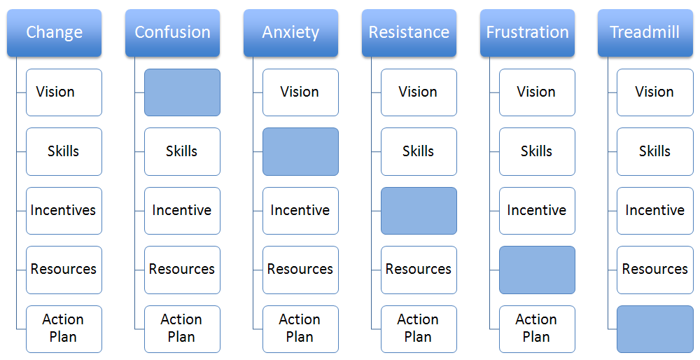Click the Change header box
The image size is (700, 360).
55,33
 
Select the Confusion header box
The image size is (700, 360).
173,33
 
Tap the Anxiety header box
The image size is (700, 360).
291,33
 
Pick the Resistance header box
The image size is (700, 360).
409,33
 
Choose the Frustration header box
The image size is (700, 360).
528,33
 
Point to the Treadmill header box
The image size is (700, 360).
645,33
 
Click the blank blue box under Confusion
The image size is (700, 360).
182,92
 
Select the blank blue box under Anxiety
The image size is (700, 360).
300,152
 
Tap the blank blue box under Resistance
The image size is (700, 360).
419,211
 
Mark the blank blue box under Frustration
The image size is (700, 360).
537,270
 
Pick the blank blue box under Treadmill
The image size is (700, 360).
655,329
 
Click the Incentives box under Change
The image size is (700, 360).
64,211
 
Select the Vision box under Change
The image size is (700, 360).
64,92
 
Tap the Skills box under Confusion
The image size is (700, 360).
182,152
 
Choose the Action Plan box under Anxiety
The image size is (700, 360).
300,329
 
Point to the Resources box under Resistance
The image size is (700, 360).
419,270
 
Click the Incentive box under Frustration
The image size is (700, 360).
537,211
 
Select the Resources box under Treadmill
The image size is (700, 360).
655,270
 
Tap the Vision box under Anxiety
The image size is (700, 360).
300,92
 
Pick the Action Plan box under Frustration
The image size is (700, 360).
537,329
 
